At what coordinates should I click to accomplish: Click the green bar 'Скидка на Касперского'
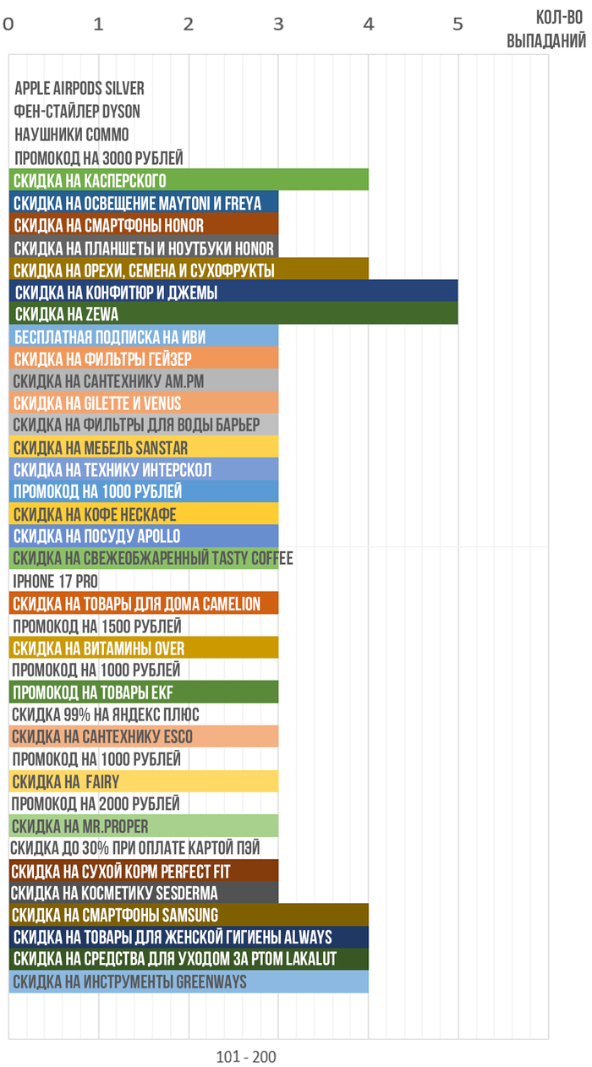[x=189, y=180]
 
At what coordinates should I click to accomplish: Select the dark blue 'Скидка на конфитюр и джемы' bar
[x=233, y=292]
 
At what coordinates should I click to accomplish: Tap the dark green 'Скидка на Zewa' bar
[x=233, y=314]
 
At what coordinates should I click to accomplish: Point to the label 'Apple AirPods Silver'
[x=79, y=89]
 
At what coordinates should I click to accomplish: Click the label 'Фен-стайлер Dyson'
[x=77, y=112]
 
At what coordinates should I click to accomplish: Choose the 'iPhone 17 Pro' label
[x=55, y=581]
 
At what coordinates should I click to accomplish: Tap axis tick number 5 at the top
[x=458, y=25]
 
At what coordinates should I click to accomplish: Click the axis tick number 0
[x=8, y=25]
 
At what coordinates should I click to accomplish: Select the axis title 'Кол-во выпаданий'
[x=546, y=30]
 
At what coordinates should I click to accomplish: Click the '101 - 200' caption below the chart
[x=246, y=1057]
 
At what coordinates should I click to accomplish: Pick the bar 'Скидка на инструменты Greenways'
[x=189, y=982]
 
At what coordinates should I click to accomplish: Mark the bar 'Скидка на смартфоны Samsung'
[x=189, y=915]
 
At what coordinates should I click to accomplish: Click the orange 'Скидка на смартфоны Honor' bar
[x=144, y=225]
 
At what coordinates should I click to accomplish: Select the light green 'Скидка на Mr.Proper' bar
[x=144, y=825]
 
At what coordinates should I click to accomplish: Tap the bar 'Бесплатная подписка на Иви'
[x=144, y=337]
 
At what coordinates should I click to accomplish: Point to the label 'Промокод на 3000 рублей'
[x=98, y=158]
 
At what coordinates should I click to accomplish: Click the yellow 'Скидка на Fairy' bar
[x=144, y=781]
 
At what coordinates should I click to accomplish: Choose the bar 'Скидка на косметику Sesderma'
[x=144, y=893]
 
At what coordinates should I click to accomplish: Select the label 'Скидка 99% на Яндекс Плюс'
[x=106, y=714]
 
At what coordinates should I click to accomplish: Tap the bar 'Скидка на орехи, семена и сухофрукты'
[x=189, y=270]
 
